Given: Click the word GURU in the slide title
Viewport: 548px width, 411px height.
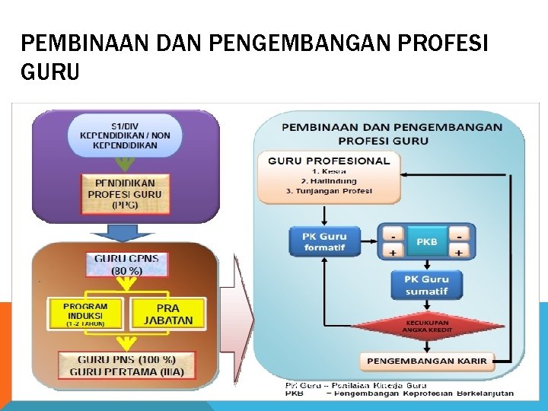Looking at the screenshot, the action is (51, 72).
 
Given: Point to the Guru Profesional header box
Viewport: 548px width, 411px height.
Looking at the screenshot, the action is (329, 161).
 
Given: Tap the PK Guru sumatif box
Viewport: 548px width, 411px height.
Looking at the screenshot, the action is (426, 285).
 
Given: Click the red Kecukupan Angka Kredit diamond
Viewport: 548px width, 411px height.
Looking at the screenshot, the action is (426, 326).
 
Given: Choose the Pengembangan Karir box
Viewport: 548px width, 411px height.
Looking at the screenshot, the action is (426, 359).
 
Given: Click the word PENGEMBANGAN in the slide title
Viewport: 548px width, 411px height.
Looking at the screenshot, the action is (311, 44).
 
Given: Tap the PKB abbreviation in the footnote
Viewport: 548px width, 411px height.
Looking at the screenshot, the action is (294, 393).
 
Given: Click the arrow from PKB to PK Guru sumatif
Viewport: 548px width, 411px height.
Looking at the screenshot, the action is (426, 263).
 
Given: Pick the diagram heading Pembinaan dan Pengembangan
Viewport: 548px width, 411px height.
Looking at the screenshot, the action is (391, 126).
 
